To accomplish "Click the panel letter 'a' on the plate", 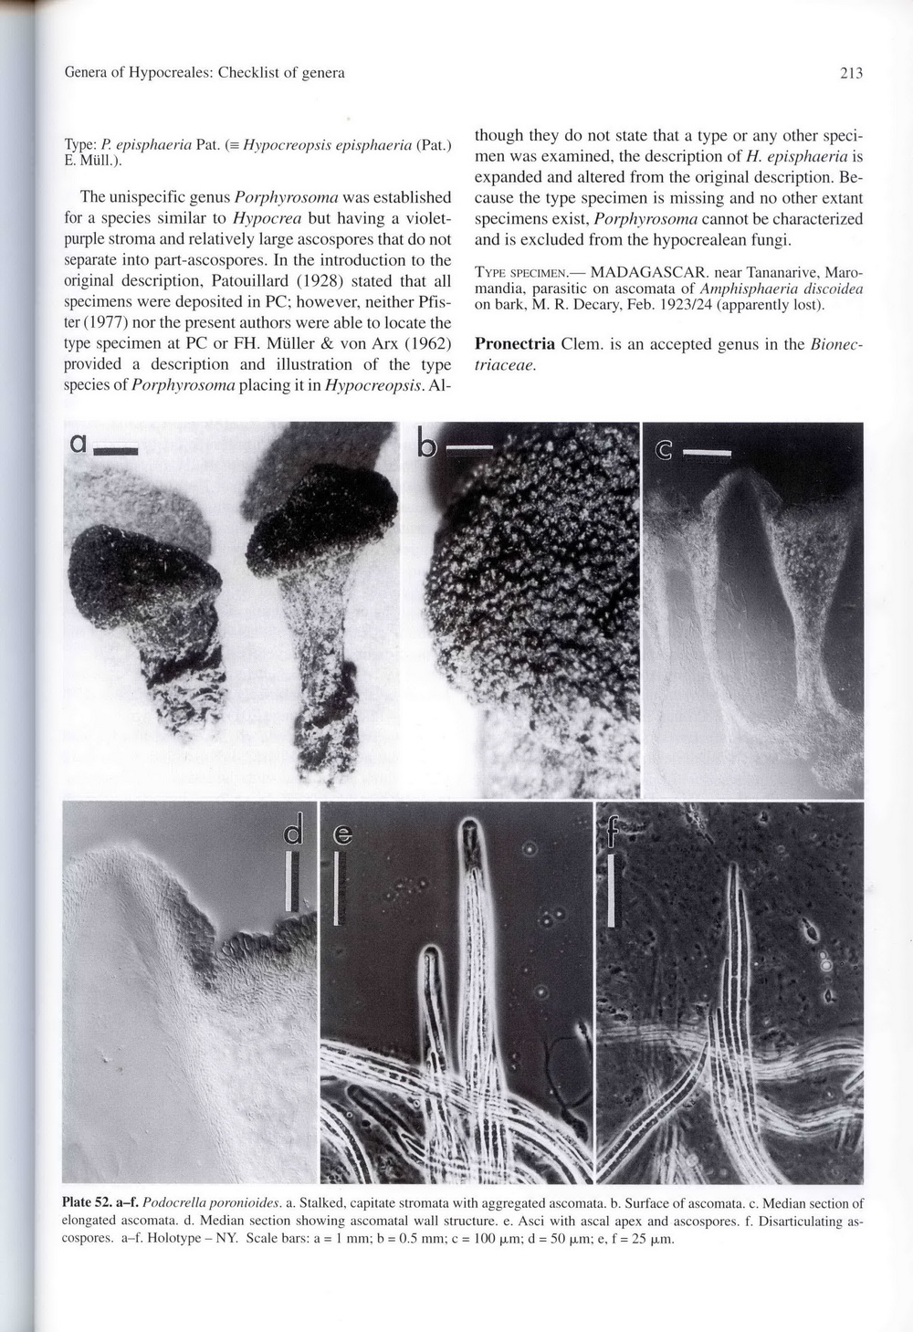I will (79, 444).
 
